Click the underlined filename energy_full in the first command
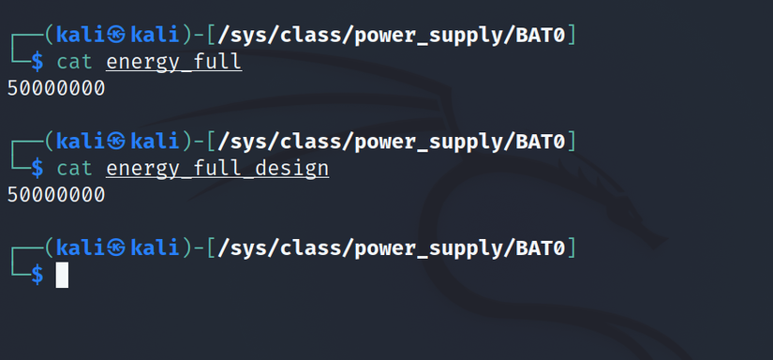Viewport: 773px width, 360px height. [x=173, y=62]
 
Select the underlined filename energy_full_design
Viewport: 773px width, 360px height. [x=217, y=168]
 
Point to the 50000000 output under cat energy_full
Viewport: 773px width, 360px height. [x=55, y=89]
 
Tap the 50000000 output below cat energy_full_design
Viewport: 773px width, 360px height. [x=55, y=195]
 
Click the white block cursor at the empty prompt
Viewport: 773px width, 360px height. [x=63, y=275]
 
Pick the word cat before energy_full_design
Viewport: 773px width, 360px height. [x=75, y=168]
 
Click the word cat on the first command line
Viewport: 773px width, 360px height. [x=75, y=62]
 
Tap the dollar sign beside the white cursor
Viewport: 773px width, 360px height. [x=37, y=275]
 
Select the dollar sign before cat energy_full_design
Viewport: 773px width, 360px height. [x=37, y=168]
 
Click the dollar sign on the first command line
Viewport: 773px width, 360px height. [x=37, y=62]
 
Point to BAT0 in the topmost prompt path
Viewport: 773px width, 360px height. [x=540, y=36]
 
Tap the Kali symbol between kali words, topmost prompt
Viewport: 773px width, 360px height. [x=117, y=36]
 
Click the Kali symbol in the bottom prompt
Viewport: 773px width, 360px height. [x=117, y=247]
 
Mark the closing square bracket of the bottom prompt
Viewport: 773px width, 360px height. [x=572, y=247]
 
